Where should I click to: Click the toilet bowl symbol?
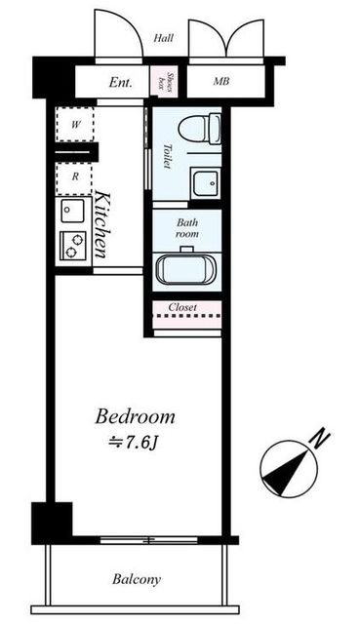(199, 128)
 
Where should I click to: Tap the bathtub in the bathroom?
(186, 269)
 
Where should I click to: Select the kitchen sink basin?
(72, 211)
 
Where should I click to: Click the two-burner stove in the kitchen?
(73, 246)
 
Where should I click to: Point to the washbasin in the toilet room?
(206, 182)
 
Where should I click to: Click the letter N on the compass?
(321, 440)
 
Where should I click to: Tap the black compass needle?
(286, 471)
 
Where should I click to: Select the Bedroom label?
(135, 416)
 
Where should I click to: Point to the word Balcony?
(137, 579)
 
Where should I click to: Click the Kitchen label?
(101, 225)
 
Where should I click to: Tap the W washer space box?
(75, 124)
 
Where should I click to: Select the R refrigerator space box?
(74, 177)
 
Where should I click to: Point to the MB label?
(221, 81)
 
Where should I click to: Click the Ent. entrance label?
(120, 83)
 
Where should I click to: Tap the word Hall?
(164, 38)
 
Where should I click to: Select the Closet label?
(182, 307)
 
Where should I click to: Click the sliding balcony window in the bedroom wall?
(148, 540)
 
